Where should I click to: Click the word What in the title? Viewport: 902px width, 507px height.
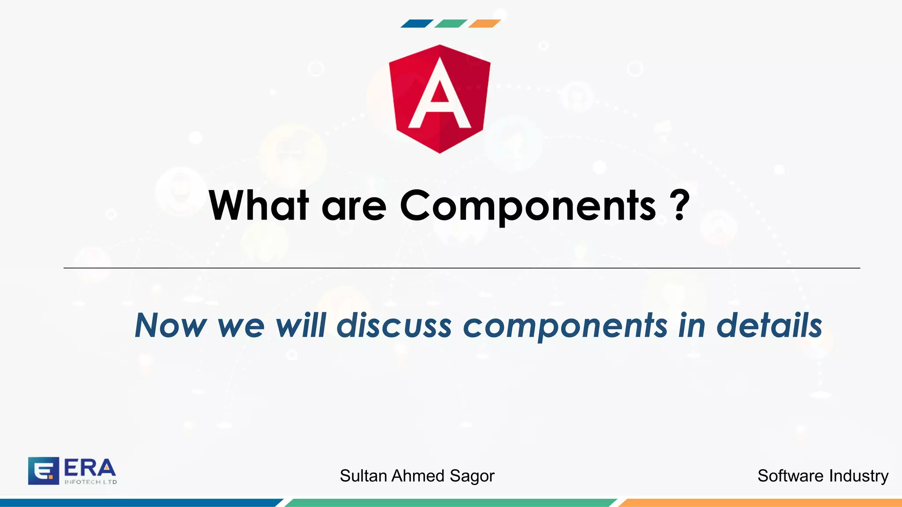click(x=259, y=206)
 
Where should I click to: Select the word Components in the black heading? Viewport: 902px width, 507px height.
click(x=528, y=206)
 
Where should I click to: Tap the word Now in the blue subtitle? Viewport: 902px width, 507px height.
click(x=170, y=326)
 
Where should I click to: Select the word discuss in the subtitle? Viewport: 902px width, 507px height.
click(x=394, y=326)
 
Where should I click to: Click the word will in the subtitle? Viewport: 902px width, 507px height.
click(x=301, y=326)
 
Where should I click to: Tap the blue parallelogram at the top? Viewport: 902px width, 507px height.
click(x=416, y=24)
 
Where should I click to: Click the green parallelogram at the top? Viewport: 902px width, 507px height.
click(x=450, y=24)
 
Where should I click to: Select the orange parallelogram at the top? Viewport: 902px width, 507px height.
click(x=484, y=24)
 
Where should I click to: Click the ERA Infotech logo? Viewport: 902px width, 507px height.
click(x=72, y=470)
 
